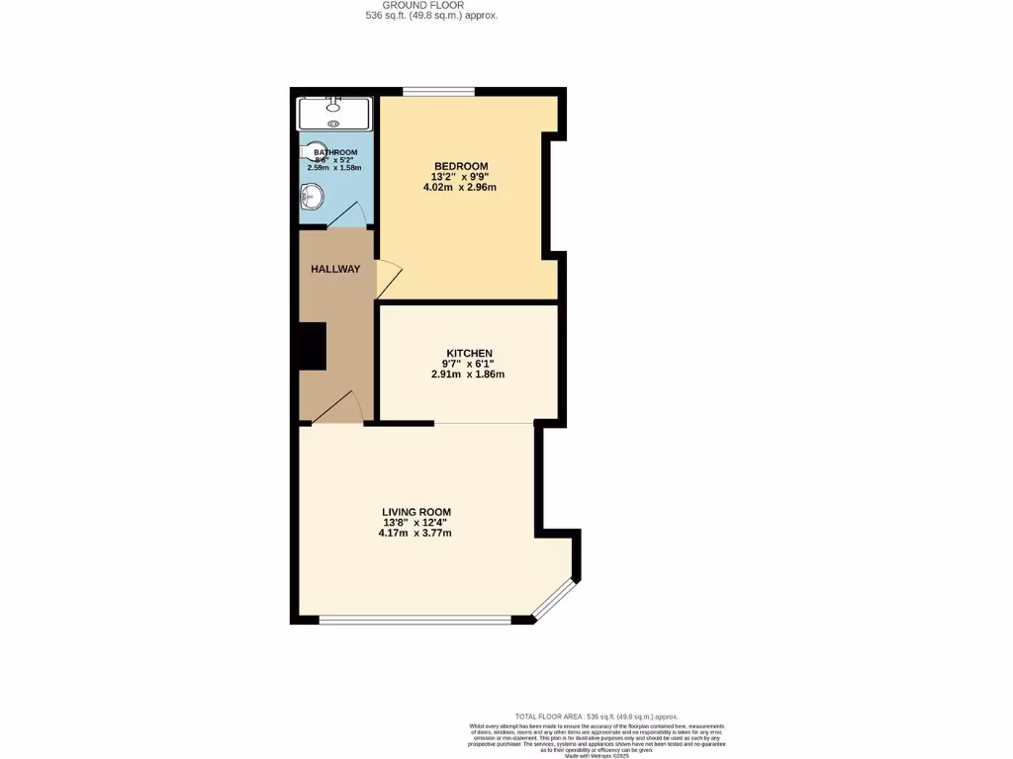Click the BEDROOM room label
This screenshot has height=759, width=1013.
click(x=460, y=165)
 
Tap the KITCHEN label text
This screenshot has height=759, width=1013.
click(x=469, y=353)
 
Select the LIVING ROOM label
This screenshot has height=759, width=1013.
click(x=415, y=512)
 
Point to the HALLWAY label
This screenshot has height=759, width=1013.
click(x=335, y=269)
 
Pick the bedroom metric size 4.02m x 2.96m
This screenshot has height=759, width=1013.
click(x=459, y=187)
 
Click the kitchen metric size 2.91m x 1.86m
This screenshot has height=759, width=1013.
click(x=468, y=375)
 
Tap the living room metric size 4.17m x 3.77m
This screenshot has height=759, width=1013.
click(x=415, y=534)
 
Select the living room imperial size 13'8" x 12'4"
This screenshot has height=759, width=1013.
click(x=415, y=523)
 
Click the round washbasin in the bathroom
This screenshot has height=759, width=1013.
click(x=311, y=198)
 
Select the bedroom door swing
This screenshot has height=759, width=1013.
click(x=388, y=280)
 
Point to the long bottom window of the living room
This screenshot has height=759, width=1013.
click(x=414, y=621)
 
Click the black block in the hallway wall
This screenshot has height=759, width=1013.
click(x=313, y=346)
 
